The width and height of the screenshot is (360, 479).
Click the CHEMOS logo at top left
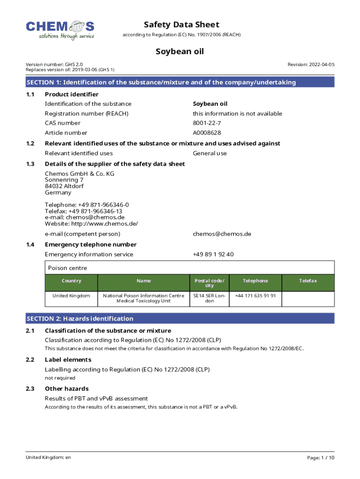coord(60,29)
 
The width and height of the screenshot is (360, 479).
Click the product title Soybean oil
coord(180,52)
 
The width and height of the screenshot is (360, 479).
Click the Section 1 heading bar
coord(180,82)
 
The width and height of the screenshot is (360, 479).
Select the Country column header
coord(72,281)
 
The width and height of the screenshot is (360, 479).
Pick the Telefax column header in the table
coord(308,281)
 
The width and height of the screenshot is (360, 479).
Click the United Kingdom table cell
coord(72,296)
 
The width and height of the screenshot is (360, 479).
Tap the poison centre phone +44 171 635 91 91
coord(255,296)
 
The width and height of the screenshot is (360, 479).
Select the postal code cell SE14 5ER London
coord(209,298)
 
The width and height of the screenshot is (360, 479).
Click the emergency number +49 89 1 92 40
coord(213,254)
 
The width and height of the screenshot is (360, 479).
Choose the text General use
coord(210,153)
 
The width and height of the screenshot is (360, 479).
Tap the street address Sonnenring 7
coord(64,180)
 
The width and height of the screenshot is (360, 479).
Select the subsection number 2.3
coord(31,389)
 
